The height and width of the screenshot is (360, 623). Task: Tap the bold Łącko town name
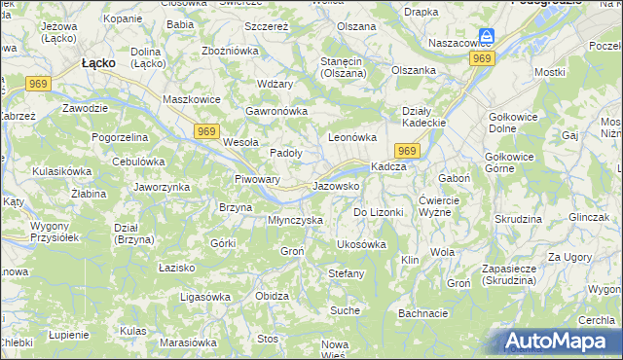tap(98, 61)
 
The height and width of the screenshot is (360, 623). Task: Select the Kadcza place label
tap(388, 166)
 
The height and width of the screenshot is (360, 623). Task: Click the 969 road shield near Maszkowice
tap(204, 131)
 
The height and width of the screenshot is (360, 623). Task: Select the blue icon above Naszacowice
tap(487, 36)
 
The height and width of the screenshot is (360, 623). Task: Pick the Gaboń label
tap(455, 179)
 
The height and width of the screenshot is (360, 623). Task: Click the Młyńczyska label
tap(295, 220)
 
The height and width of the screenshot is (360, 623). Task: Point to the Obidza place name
tap(271, 296)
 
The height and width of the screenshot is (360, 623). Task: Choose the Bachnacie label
tap(422, 313)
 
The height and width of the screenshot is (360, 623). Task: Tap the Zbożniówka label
tap(229, 50)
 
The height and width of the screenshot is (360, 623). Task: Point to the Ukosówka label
tap(361, 244)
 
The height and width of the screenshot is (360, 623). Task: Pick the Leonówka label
tap(352, 138)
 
